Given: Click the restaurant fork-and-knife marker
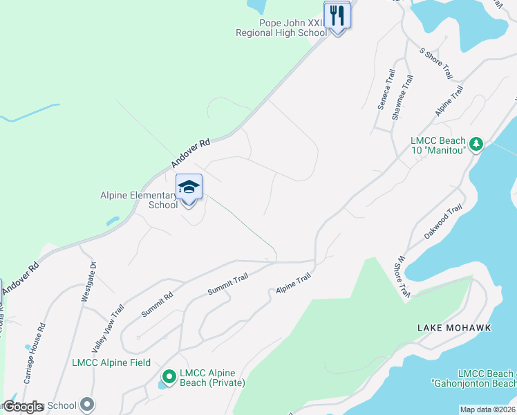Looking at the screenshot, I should (x=337, y=15).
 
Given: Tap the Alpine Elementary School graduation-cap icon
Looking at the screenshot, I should (x=189, y=187).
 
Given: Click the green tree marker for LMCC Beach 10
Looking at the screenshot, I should (x=476, y=144).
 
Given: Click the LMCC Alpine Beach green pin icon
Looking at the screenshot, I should (x=169, y=377).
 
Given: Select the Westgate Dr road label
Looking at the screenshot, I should (x=87, y=282).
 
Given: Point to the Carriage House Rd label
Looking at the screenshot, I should (x=35, y=353).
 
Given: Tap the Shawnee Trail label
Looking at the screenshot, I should (x=403, y=98).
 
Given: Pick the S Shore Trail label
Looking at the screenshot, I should (x=435, y=62).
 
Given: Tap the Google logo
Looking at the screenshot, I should (x=23, y=407).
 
